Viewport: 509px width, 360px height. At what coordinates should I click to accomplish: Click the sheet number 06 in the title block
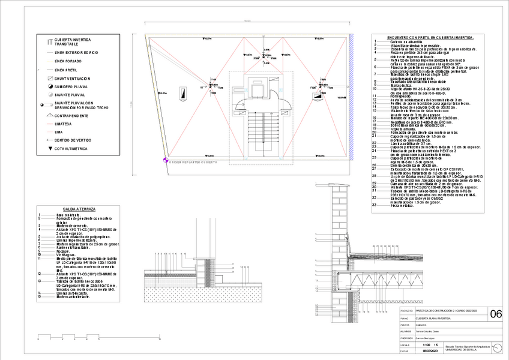(496, 314)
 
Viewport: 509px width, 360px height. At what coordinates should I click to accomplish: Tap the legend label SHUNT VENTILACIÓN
(72, 78)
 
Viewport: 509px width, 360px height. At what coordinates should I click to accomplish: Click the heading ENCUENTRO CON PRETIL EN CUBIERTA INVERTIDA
(423, 37)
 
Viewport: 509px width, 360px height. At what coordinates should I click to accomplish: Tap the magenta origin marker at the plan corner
(165, 161)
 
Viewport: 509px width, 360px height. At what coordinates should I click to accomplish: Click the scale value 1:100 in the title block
(426, 344)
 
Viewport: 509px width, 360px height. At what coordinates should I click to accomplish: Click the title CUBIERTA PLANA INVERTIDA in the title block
(435, 318)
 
